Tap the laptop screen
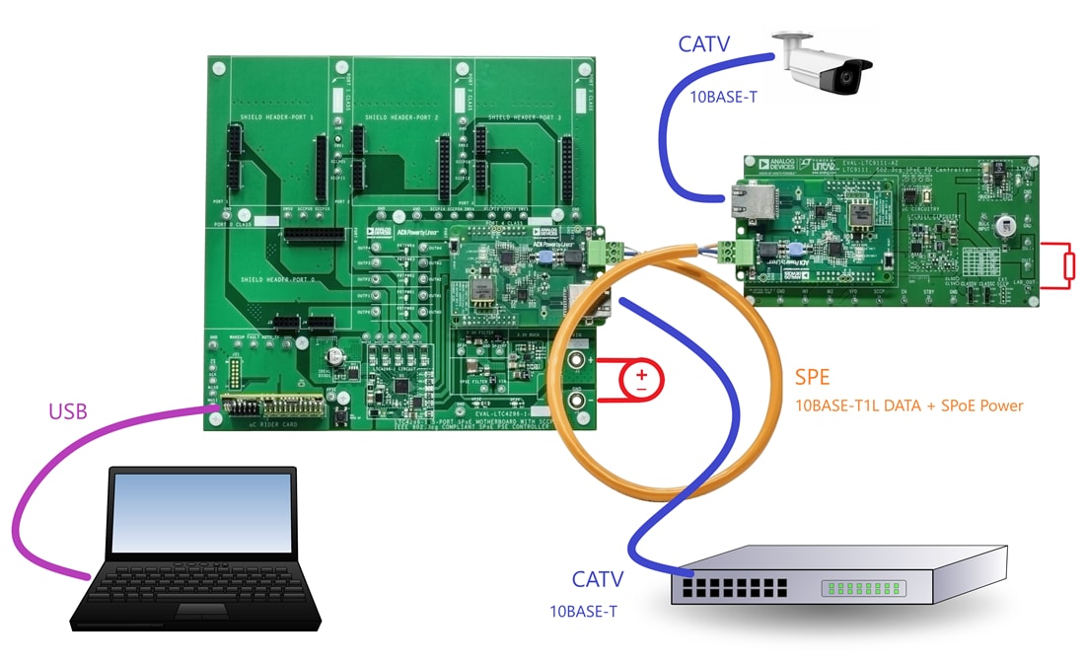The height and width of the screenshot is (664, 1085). [x=201, y=512]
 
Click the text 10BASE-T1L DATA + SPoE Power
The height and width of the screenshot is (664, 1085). [x=908, y=406]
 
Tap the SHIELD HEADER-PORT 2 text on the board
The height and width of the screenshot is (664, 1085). [x=401, y=117]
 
